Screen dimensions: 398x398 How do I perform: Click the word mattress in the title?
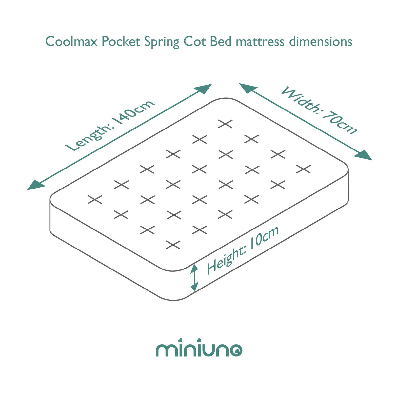(x=260, y=42)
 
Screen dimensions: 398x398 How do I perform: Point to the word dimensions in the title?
(x=321, y=42)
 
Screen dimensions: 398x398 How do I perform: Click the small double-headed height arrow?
(x=194, y=278)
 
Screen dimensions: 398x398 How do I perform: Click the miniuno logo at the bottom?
(x=199, y=349)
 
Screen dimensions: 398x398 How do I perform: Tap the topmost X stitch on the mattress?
(x=226, y=124)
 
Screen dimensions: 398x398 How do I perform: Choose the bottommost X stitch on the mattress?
(x=173, y=245)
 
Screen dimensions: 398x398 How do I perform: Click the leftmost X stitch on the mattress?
(x=95, y=199)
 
